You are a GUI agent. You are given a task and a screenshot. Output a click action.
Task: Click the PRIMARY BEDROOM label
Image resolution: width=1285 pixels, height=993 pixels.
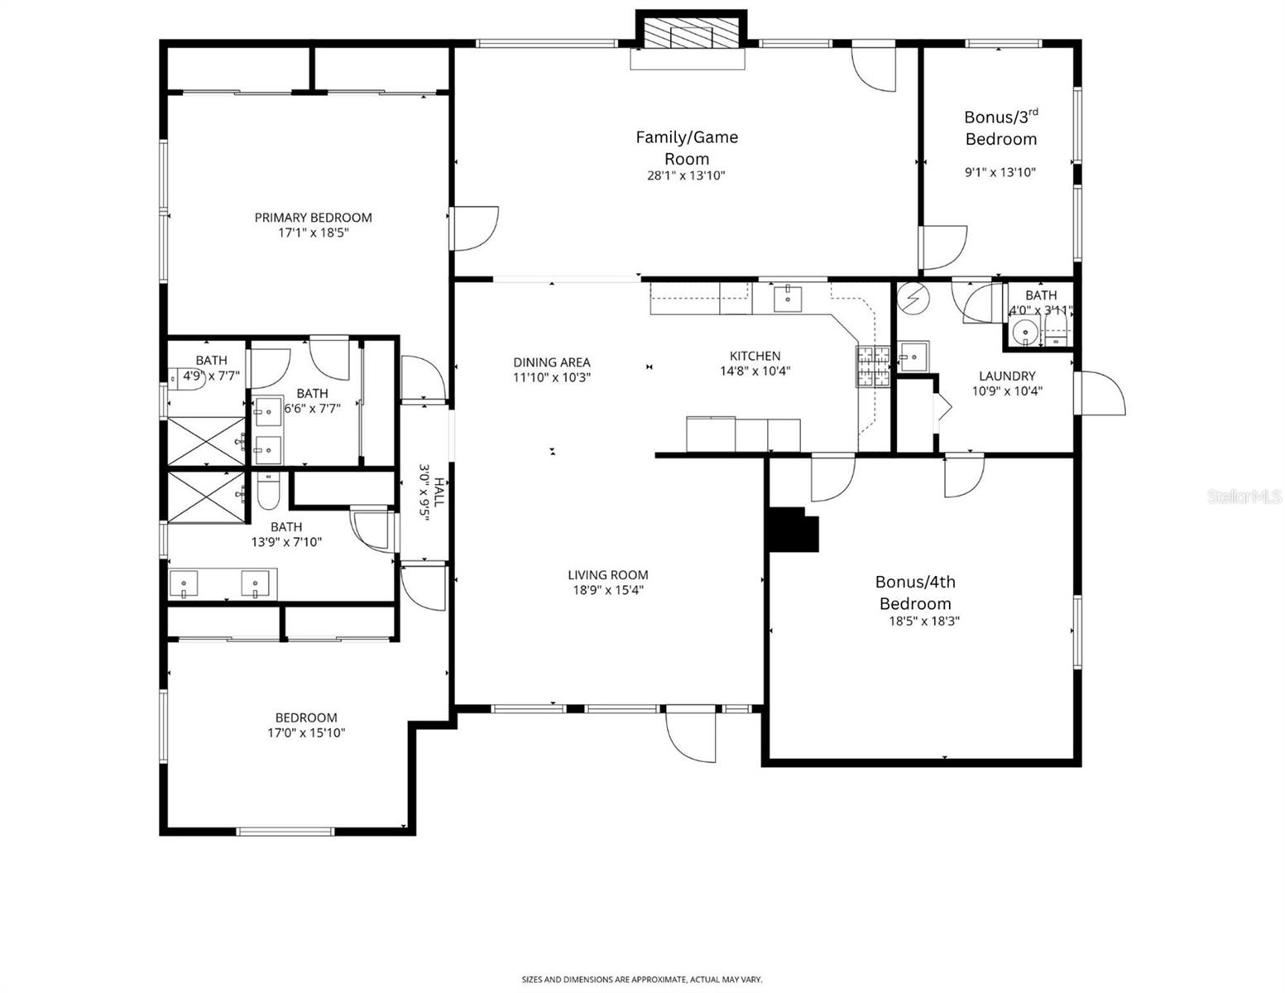click(313, 218)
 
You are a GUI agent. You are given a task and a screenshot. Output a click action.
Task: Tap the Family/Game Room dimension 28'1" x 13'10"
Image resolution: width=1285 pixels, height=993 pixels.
click(686, 175)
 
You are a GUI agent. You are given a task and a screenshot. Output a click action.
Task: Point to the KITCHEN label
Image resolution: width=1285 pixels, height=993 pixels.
click(754, 356)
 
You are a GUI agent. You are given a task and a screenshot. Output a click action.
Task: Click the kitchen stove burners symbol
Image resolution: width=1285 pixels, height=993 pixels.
click(872, 367)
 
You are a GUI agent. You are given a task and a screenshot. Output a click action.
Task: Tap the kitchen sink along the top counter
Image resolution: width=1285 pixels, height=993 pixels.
click(787, 298)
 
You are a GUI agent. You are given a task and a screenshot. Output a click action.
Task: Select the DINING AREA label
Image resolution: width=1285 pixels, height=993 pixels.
click(551, 362)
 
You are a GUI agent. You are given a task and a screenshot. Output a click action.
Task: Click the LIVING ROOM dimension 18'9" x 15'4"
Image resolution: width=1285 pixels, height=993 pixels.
click(607, 590)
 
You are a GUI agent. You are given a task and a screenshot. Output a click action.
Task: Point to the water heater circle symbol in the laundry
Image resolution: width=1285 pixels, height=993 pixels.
click(913, 299)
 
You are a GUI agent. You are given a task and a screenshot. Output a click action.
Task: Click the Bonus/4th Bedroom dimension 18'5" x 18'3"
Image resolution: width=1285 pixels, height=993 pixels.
click(918, 621)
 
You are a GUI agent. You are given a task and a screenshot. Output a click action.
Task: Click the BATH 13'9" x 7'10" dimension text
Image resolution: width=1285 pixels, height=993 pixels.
click(286, 543)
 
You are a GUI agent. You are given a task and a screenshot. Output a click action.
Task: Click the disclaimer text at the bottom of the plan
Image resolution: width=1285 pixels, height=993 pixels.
click(641, 980)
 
